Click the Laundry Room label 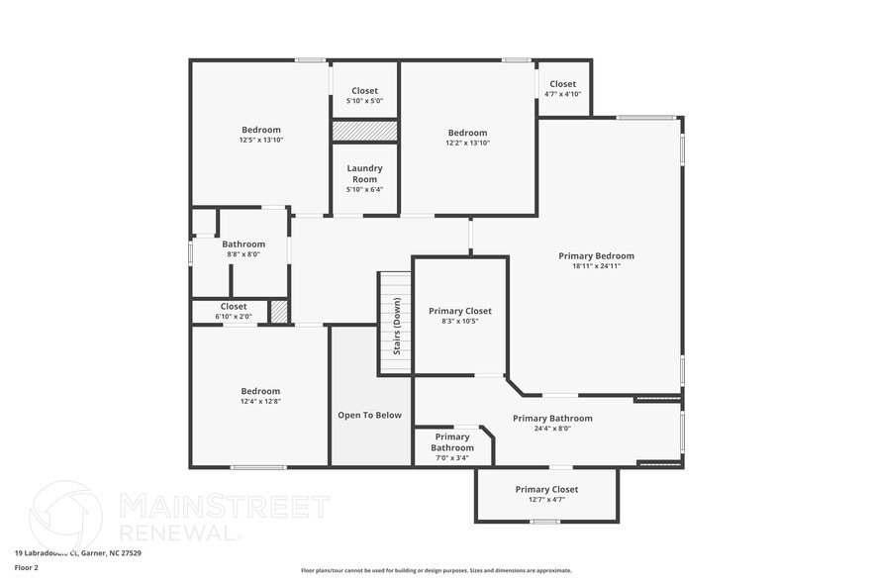[364, 173]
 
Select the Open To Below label [369, 415]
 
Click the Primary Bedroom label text [596, 255]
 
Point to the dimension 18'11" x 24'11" [596, 266]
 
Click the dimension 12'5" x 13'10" [261, 141]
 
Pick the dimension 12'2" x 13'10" [467, 144]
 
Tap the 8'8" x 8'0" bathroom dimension [242, 255]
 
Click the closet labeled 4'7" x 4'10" [562, 94]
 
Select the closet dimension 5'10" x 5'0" [364, 101]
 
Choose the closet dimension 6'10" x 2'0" [234, 317]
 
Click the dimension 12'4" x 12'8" [260, 402]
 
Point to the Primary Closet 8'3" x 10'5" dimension [459, 322]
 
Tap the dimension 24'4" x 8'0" [552, 429]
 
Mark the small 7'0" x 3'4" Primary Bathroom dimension [451, 458]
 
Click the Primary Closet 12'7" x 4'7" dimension [546, 500]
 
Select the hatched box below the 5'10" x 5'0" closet [364, 131]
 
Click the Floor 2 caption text [27, 568]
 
